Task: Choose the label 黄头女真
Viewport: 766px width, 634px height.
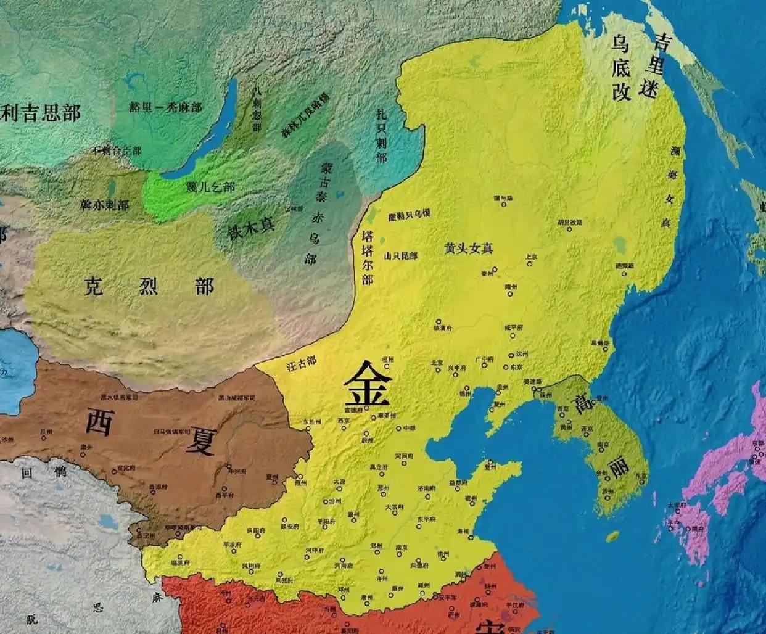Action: [x=469, y=249]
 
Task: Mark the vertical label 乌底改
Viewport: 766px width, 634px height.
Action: [x=620, y=67]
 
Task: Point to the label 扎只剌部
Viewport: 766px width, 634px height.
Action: [x=382, y=136]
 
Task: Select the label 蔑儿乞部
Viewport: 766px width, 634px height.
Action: [x=210, y=186]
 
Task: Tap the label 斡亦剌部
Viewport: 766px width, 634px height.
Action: [x=105, y=204]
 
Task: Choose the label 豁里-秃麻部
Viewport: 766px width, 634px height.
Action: [x=165, y=107]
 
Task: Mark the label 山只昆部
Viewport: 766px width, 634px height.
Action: [x=400, y=255]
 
